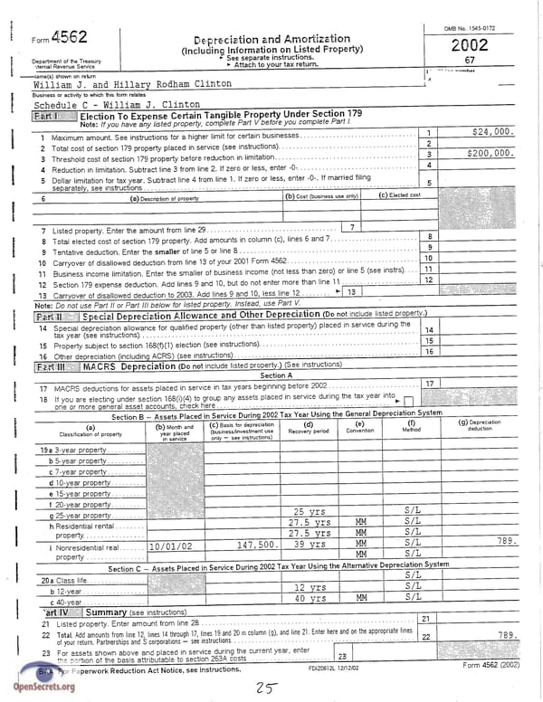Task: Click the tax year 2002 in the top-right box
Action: point(470,44)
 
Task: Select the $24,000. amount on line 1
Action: point(493,132)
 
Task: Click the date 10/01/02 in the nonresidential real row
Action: point(173,545)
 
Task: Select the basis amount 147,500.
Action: point(256,545)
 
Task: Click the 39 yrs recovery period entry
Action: point(310,545)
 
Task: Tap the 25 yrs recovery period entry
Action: point(310,512)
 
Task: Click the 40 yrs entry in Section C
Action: point(310,598)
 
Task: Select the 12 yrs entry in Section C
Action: point(310,587)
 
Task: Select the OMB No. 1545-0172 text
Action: point(470,29)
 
